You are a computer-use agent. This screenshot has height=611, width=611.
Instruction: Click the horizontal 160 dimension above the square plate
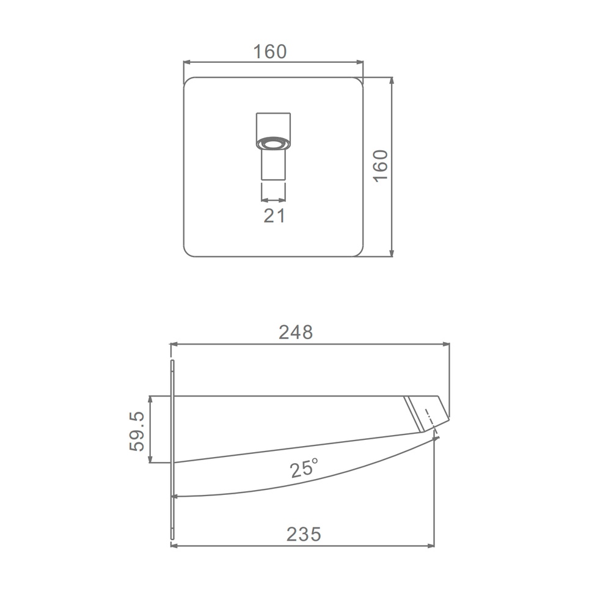pyautogui.click(x=270, y=52)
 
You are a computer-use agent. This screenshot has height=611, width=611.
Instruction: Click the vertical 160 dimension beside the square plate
pyautogui.click(x=381, y=166)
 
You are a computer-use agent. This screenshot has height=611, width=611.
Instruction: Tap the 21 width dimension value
pyautogui.click(x=274, y=216)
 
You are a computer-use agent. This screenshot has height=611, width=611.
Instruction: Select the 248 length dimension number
pyautogui.click(x=296, y=332)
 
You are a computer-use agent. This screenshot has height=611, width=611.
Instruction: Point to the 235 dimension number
pyautogui.click(x=304, y=534)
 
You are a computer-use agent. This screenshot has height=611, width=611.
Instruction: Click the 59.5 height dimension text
pyautogui.click(x=137, y=431)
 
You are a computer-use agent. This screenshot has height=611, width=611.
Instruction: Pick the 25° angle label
pyautogui.click(x=304, y=467)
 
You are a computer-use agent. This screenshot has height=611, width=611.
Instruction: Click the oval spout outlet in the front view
pyautogui.click(x=273, y=143)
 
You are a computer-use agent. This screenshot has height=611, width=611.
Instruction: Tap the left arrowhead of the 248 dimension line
pyautogui.click(x=174, y=344)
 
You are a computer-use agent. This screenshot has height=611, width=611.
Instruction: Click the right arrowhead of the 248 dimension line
pyautogui.click(x=446, y=344)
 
